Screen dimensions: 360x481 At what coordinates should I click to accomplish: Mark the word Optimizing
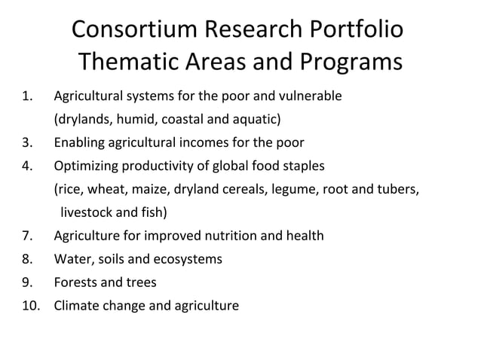(85, 166)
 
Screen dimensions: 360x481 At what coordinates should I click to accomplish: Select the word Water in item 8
(71, 259)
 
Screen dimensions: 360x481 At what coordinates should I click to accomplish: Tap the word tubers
(397, 189)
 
